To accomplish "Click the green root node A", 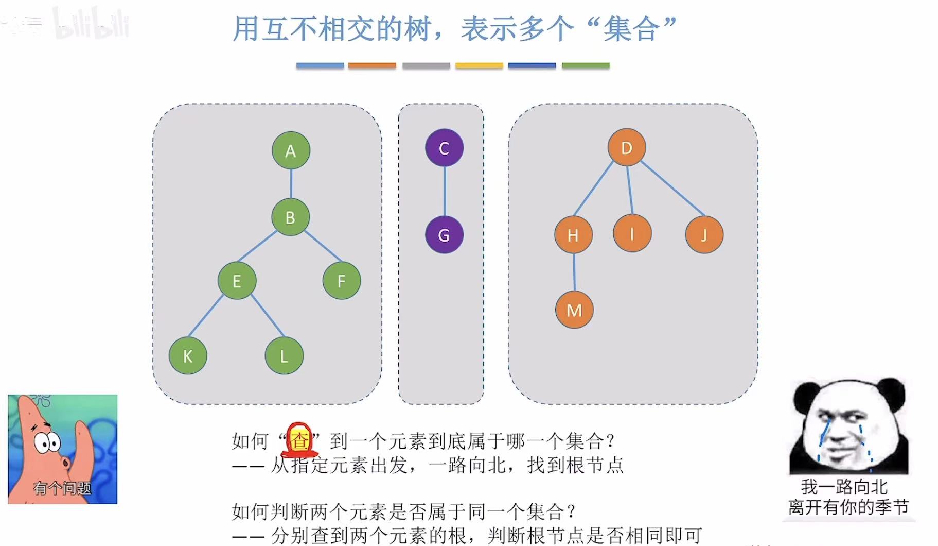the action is tap(291, 150).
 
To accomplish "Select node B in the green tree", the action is tap(290, 217).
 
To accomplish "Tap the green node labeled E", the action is tap(237, 281).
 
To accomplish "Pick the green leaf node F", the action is tap(342, 281).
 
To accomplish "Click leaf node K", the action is tap(188, 355).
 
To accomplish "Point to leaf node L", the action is tap(284, 355).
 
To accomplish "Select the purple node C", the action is tap(444, 148).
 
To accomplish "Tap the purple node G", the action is tap(444, 235).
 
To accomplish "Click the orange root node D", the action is tap(626, 148).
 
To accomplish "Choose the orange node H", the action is tap(573, 235).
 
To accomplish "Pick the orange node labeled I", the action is tap(632, 233).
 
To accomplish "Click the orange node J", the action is tap(704, 235).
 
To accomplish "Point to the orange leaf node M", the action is tap(574, 310).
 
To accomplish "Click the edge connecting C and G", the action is tap(445, 192).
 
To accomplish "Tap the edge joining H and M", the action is tap(574, 272).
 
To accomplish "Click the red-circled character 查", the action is tap(299, 440).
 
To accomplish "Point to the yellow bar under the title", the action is tap(479, 65).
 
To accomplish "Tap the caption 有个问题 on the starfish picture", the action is tap(62, 488).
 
